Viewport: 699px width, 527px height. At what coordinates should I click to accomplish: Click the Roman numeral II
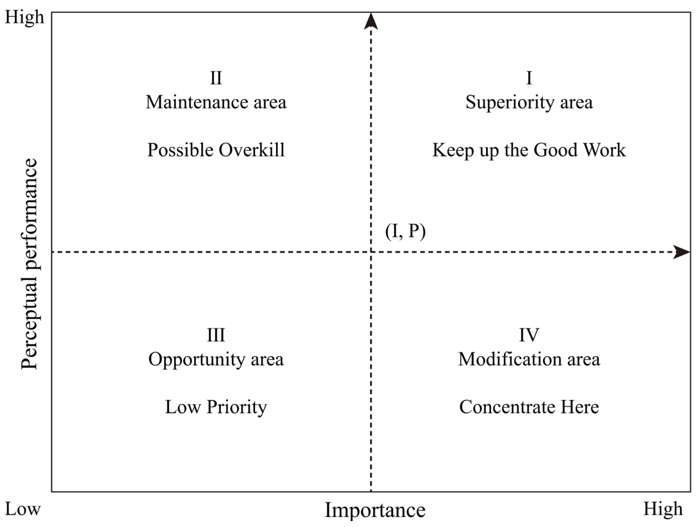(x=216, y=78)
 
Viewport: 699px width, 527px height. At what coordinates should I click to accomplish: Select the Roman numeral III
(x=216, y=335)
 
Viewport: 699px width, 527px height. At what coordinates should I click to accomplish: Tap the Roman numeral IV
(x=529, y=335)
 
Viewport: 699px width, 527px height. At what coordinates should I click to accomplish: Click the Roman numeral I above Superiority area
(x=529, y=78)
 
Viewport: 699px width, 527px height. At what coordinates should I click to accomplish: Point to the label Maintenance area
(x=216, y=102)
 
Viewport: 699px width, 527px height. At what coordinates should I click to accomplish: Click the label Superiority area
(x=529, y=102)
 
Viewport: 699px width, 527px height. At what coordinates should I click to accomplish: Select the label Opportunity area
(x=216, y=360)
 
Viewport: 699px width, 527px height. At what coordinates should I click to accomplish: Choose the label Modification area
(x=529, y=359)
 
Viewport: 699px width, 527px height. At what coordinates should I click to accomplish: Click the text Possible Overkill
(x=216, y=150)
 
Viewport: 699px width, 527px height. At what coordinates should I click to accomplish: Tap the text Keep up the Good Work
(x=529, y=150)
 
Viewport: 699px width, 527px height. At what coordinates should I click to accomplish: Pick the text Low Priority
(x=216, y=407)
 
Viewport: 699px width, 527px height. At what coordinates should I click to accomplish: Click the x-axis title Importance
(x=375, y=510)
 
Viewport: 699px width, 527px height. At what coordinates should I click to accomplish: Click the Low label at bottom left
(x=23, y=509)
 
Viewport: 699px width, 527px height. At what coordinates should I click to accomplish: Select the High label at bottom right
(x=663, y=509)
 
